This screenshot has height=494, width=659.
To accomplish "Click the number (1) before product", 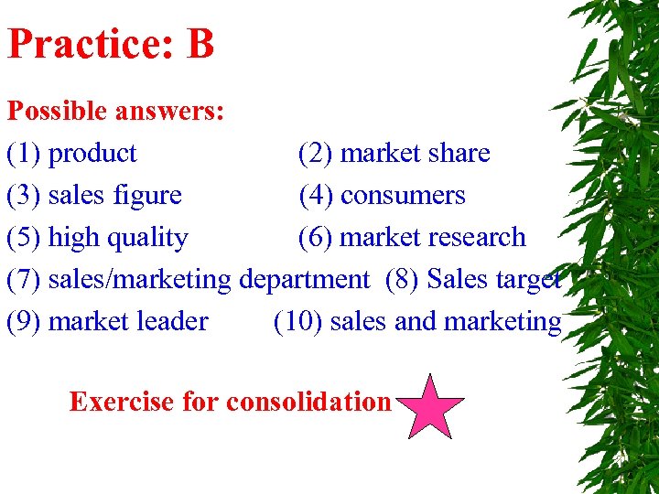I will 25,153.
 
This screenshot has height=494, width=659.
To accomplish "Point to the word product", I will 92,153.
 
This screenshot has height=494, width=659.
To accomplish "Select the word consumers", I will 403,195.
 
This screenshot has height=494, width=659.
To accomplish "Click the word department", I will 304,279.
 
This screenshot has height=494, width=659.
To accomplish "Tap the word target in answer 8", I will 529,279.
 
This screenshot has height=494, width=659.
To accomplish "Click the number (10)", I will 297,321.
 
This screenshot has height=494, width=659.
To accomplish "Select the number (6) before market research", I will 317,237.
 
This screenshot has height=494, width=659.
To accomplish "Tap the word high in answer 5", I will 74,238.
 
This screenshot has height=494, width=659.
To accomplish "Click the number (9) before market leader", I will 25,321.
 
